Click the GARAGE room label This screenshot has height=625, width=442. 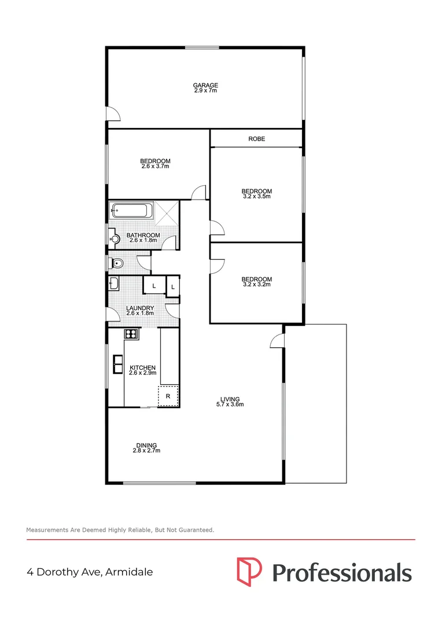click(205, 85)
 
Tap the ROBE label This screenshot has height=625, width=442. click(256, 139)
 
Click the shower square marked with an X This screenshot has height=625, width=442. click(166, 211)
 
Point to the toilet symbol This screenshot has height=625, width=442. click(116, 263)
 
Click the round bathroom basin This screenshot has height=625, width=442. click(114, 238)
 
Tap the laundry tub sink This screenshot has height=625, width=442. click(113, 284)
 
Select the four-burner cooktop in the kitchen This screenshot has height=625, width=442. click(131, 333)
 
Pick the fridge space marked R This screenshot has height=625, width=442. click(168, 396)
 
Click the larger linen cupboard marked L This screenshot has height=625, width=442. click(154, 286)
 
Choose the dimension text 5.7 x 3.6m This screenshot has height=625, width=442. click(230, 405)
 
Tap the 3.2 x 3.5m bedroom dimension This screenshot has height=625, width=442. click(256, 197)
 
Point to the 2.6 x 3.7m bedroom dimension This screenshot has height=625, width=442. click(155, 167)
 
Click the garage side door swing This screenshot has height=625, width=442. click(114, 115)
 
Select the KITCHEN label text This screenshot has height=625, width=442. click(142, 367)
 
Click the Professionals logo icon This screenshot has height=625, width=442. click(249, 572)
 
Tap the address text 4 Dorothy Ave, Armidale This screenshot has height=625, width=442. click(90, 572)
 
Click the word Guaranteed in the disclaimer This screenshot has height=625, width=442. click(195, 530)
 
